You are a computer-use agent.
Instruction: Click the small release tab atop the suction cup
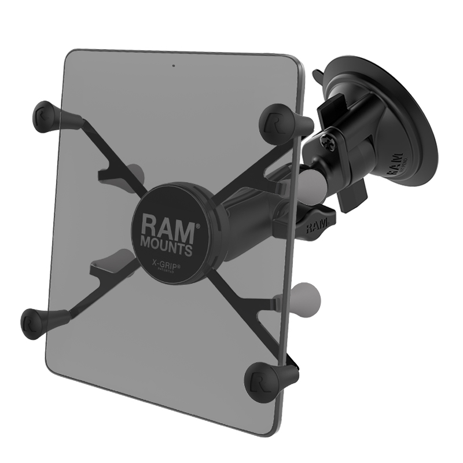(x=319, y=77)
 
